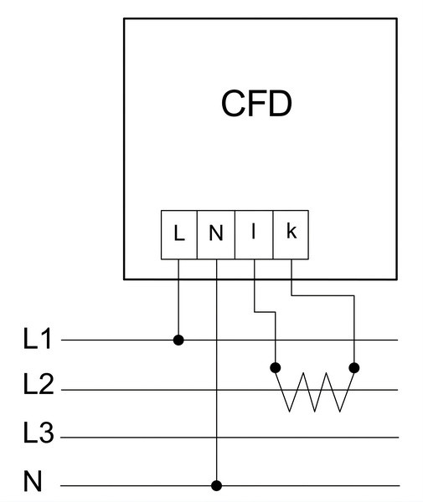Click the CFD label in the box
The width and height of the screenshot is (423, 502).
click(256, 104)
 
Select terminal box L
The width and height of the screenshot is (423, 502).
click(178, 234)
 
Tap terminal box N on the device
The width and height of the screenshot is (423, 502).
click(216, 234)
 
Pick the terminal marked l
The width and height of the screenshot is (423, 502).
click(254, 234)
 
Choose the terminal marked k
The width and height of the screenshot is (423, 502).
click(291, 234)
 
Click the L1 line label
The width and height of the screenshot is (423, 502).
click(37, 338)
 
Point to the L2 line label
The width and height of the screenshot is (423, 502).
click(39, 384)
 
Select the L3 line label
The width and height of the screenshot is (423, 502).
click(39, 433)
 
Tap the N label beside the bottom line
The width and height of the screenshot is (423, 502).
click(33, 481)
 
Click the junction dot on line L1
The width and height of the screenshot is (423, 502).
click(178, 340)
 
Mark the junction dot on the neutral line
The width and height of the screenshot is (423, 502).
click(217, 485)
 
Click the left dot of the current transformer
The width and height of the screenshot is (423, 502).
click(276, 368)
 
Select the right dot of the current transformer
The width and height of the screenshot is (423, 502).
click(354, 368)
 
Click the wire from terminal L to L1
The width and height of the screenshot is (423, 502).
click(178, 300)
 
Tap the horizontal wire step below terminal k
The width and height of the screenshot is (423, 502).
click(322, 295)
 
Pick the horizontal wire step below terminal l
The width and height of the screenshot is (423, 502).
click(265, 311)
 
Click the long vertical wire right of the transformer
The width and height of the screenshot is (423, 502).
click(354, 331)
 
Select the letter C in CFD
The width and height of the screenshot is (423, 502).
click(232, 104)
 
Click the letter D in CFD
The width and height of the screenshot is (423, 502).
click(281, 104)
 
